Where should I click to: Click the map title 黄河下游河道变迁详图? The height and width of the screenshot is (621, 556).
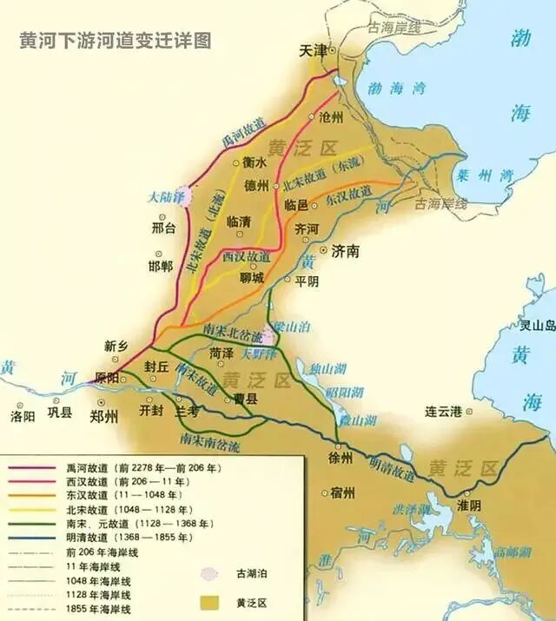(x=115, y=42)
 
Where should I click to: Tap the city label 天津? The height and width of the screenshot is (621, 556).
(x=313, y=51)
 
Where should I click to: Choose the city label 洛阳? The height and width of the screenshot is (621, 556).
(x=23, y=416)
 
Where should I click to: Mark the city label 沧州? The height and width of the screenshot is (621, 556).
(x=331, y=117)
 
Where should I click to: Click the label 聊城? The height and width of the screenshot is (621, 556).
(x=252, y=277)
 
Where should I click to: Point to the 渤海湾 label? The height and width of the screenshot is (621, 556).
(x=396, y=88)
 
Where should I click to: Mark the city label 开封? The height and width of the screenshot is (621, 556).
(x=151, y=409)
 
